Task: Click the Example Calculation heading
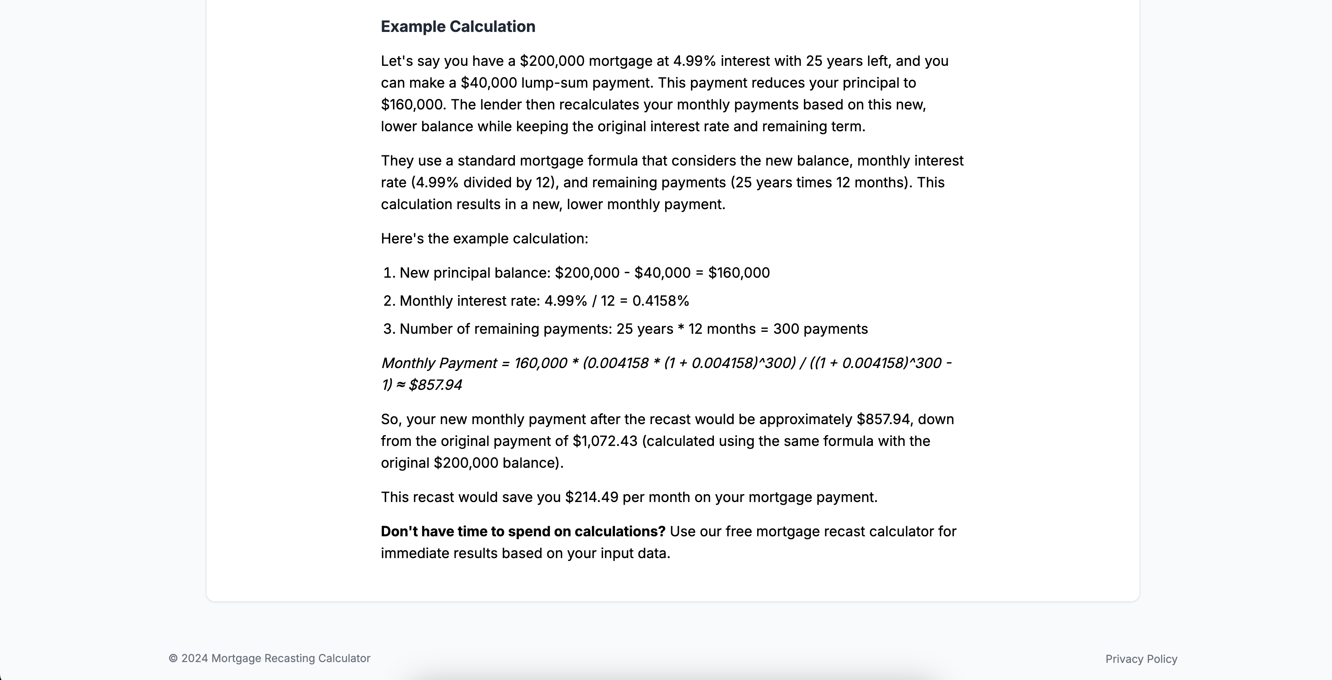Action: (458, 26)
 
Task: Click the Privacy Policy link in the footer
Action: (1141, 659)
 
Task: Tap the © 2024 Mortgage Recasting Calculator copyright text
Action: (270, 658)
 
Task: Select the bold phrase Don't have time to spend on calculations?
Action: (523, 532)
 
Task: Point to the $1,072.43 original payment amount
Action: (604, 441)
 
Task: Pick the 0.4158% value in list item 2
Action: (660, 301)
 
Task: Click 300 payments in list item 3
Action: (820, 329)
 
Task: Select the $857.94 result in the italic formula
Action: (435, 385)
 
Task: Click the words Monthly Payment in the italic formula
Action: (439, 363)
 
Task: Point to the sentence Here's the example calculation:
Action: (484, 238)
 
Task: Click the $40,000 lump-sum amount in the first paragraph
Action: (489, 83)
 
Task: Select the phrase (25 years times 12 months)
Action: (821, 183)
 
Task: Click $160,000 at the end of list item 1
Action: (738, 273)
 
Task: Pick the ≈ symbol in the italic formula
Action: (400, 385)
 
